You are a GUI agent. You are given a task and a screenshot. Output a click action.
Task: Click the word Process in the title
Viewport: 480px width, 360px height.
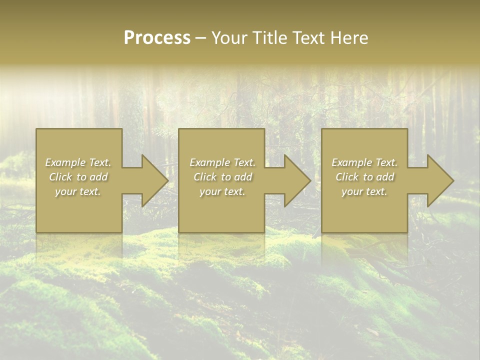point(157,38)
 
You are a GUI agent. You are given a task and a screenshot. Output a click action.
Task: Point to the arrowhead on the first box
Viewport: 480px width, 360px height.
point(153,181)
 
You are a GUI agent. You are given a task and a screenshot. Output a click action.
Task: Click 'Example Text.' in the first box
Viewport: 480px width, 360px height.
point(78,162)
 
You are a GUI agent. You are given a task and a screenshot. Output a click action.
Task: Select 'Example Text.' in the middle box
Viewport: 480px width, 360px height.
point(222,162)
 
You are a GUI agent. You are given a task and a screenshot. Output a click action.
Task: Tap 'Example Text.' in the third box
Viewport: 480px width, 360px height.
point(364,162)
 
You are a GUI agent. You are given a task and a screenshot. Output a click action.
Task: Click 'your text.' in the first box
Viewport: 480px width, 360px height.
point(78,191)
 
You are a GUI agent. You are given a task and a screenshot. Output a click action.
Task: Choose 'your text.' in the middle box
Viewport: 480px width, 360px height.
point(222,191)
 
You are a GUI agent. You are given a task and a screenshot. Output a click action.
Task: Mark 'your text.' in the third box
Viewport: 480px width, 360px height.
point(364,191)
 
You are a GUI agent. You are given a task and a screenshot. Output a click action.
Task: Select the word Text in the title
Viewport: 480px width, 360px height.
point(309,38)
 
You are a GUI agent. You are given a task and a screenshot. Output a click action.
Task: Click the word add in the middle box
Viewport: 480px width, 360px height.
point(243,177)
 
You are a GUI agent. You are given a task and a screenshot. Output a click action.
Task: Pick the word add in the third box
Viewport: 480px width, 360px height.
point(385,177)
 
